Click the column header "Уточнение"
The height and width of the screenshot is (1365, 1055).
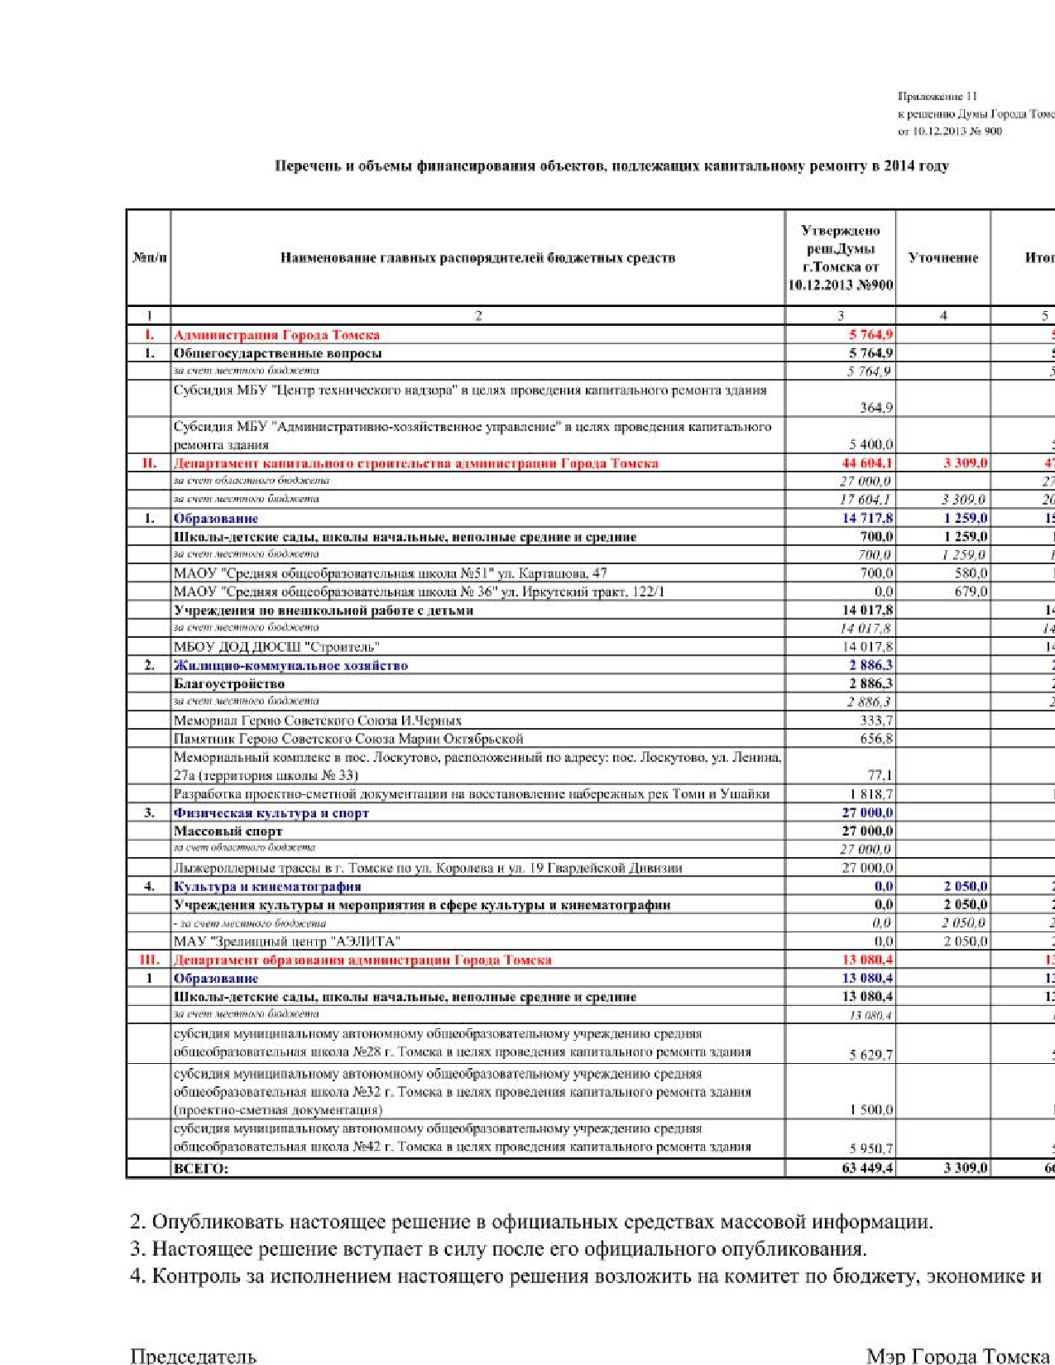click(942, 257)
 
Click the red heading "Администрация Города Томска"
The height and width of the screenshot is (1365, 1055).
click(276, 335)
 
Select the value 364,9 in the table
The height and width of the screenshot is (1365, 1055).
click(876, 407)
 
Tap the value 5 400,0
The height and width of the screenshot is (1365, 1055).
click(870, 444)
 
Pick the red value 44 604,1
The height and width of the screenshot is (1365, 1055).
click(866, 463)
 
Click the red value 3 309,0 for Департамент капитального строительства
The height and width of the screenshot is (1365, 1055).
click(965, 463)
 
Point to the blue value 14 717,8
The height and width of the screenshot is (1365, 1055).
click(867, 519)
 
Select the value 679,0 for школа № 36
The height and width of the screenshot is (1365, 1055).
click(971, 591)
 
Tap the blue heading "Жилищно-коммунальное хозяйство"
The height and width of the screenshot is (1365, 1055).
click(290, 665)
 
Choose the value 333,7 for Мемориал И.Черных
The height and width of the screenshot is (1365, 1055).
click(876, 721)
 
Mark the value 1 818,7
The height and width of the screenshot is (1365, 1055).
click(871, 794)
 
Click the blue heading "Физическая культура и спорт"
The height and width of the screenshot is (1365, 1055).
click(271, 813)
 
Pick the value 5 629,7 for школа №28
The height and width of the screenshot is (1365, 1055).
click(870, 1055)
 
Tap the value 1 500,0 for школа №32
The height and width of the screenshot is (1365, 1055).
click(870, 1110)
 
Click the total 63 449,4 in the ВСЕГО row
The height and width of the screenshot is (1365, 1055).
click(867, 1168)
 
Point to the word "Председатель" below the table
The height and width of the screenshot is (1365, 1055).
click(193, 1355)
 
